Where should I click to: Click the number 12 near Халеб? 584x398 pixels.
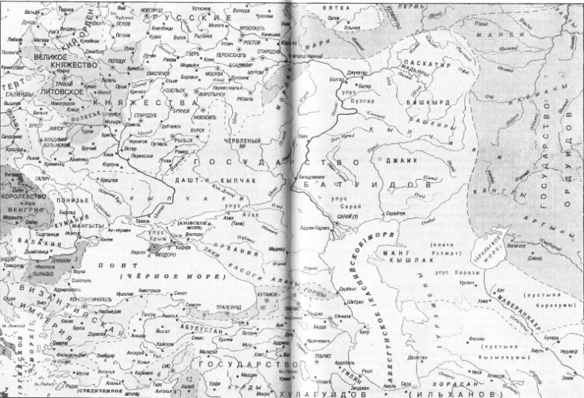189,380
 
